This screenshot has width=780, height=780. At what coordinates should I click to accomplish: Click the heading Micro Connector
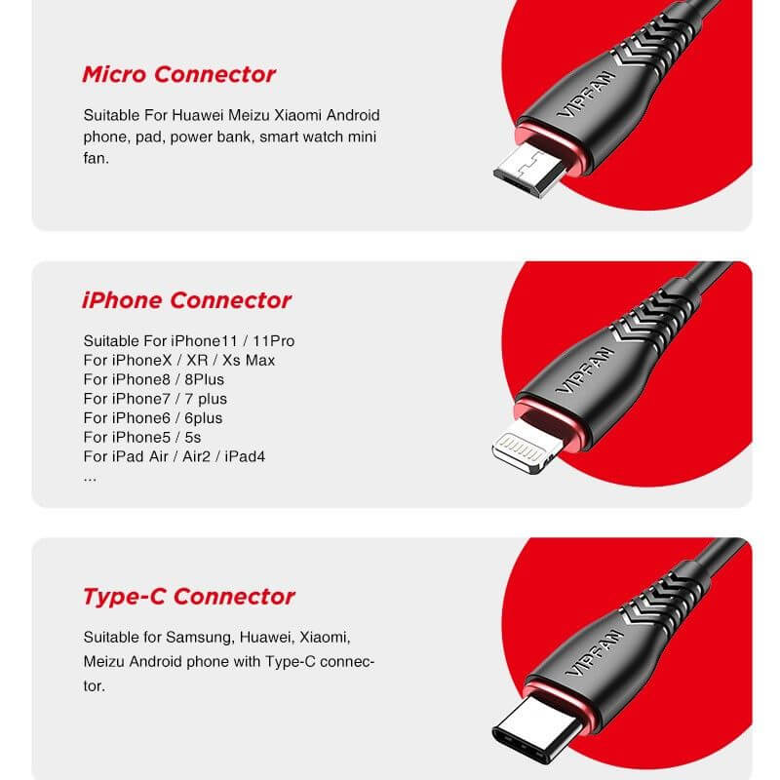[x=178, y=74]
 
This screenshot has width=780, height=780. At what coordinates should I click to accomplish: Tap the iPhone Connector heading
[x=186, y=300]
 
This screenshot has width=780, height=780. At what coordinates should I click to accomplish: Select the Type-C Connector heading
[x=188, y=597]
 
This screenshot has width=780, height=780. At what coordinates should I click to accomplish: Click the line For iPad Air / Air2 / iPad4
[x=175, y=456]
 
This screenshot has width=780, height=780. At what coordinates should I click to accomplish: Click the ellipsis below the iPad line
[x=90, y=476]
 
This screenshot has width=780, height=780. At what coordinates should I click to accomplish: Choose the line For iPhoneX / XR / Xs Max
[x=179, y=360]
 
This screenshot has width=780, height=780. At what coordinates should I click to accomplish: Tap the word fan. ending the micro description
[x=97, y=157]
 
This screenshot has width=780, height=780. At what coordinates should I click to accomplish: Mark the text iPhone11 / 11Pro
[x=232, y=340]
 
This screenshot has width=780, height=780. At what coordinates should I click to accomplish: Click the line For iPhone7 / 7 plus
[x=155, y=399]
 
